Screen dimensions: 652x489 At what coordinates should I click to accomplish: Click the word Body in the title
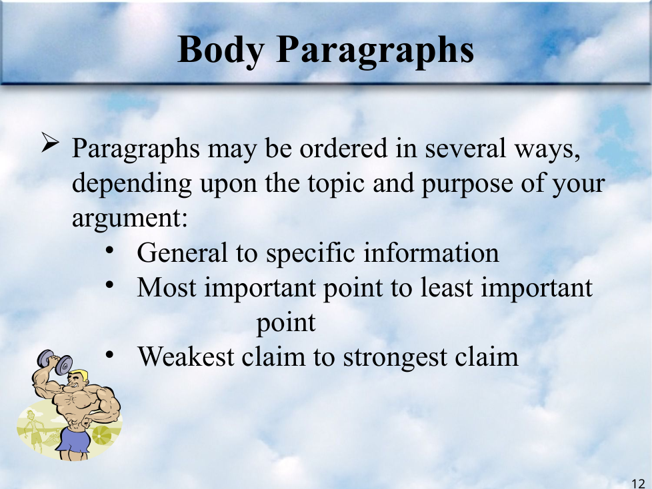(221, 51)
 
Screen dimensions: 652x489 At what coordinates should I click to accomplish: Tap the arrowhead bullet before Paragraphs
(50, 143)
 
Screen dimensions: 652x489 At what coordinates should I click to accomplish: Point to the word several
(465, 148)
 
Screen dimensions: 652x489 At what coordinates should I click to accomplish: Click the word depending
(132, 184)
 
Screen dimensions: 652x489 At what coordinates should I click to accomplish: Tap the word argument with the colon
(130, 219)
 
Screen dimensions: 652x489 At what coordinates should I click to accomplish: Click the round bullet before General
(110, 250)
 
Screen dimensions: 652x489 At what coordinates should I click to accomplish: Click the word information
(431, 253)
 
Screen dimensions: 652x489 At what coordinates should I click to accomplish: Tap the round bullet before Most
(110, 284)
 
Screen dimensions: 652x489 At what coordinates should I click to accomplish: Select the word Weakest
(186, 356)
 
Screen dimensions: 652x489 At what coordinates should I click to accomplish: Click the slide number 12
(638, 484)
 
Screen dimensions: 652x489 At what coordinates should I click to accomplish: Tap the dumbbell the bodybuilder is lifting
(55, 362)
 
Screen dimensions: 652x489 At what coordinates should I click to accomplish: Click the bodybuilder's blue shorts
(73, 440)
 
